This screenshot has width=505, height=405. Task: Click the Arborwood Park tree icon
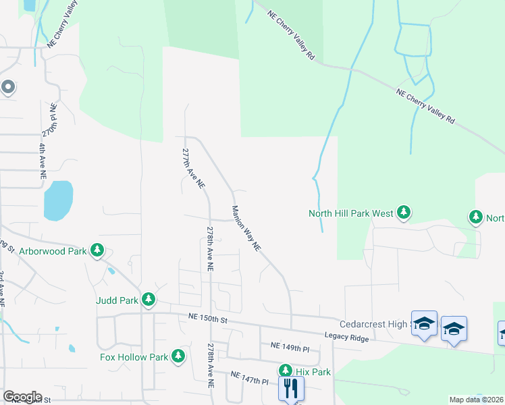tap(97, 250)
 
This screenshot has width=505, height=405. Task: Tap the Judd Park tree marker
tap(148, 300)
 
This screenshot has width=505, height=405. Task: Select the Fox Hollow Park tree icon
tap(178, 356)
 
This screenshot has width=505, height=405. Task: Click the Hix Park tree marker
tap(286, 371)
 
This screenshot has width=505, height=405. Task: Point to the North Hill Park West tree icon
tap(403, 213)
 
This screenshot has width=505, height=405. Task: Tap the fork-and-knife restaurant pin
tap(291, 388)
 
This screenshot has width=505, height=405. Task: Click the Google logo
tap(22, 397)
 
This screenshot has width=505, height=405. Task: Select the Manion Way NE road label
tap(246, 229)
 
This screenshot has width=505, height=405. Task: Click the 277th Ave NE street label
tap(193, 169)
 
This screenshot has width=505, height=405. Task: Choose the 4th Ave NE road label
tap(42, 159)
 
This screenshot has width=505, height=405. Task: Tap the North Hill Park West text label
tap(350, 213)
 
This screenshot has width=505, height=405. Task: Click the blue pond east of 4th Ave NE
tap(58, 200)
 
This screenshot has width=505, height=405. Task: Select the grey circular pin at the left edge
tap(8, 86)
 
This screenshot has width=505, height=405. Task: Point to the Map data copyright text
tap(477, 400)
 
